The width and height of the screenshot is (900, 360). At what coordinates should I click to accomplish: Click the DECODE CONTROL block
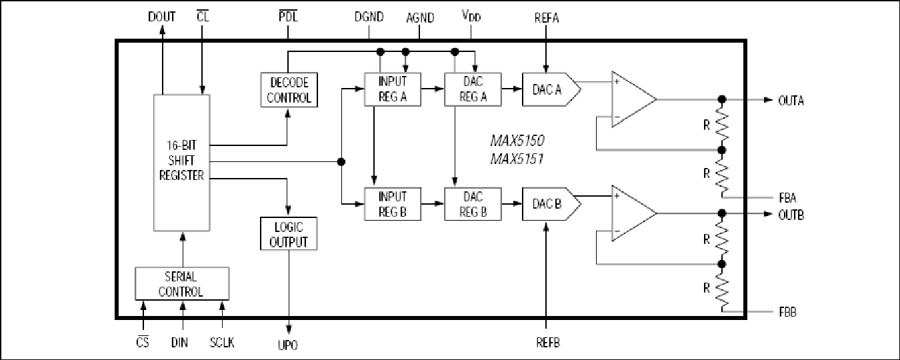tap(289, 89)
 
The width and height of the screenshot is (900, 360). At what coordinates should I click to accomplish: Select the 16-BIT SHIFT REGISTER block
tap(181, 163)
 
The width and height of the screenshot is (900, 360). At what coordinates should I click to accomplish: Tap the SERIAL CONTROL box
tap(182, 283)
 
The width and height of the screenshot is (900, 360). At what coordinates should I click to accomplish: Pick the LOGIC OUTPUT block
tap(289, 234)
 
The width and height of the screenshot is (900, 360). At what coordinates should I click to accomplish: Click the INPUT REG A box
tap(393, 89)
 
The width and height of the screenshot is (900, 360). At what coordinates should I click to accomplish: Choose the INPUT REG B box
tap(393, 204)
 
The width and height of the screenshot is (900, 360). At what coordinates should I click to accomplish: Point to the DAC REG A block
tap(473, 89)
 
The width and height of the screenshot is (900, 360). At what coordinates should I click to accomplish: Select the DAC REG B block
tap(473, 204)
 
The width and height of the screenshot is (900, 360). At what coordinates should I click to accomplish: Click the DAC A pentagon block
tap(551, 89)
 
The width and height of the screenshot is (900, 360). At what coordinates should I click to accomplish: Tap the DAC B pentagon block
tap(551, 204)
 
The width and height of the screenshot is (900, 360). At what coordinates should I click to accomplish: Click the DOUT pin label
tap(161, 17)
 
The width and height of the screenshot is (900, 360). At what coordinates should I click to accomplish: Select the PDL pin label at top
tap(288, 17)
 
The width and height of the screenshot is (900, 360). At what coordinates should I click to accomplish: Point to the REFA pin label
tap(547, 18)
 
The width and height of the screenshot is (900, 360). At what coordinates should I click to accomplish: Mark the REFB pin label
tap(548, 343)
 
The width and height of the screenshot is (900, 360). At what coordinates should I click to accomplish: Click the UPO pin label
tap(288, 345)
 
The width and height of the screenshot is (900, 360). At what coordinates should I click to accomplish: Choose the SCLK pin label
tap(222, 343)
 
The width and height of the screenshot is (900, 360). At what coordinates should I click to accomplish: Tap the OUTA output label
tap(791, 101)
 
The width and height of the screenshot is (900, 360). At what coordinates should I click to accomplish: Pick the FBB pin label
tap(787, 312)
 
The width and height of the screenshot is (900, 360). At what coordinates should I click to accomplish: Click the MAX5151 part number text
tap(517, 159)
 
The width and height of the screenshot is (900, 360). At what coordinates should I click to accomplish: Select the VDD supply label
tap(471, 16)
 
